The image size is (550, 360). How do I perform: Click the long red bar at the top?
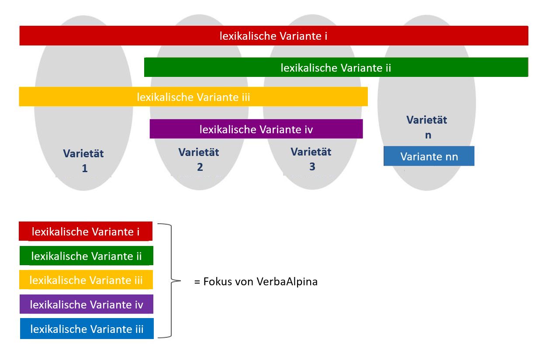point(273,36)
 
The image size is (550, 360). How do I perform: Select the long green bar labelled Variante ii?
point(336,68)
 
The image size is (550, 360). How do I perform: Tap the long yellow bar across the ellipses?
point(193,97)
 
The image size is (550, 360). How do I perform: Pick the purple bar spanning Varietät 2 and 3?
point(256,129)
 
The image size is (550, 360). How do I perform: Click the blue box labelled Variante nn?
point(429,156)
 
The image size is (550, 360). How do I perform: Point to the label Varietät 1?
point(83,160)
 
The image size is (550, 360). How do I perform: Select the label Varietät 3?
point(311,159)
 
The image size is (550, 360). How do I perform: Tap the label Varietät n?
point(427,127)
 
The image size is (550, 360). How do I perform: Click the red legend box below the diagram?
point(85,232)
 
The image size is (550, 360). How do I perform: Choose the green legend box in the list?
point(86,256)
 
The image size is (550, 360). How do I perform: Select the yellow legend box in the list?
point(86,280)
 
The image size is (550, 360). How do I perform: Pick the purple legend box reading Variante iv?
point(86,305)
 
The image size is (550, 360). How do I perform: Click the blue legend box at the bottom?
point(86,329)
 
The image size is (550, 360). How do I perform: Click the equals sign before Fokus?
point(197,282)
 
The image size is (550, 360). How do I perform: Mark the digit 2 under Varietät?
point(200,167)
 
